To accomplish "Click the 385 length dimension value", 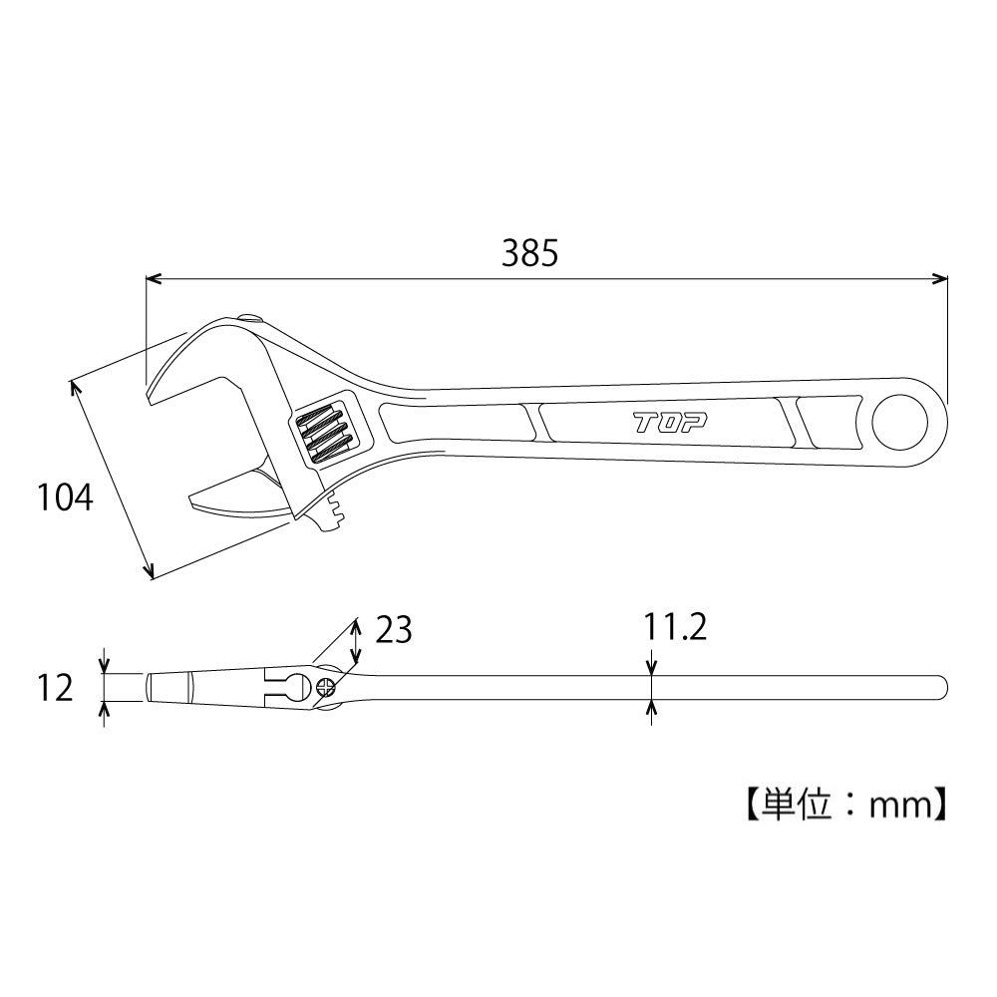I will (x=529, y=254).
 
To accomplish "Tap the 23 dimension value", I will (x=394, y=630).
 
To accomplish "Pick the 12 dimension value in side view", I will (x=57, y=687).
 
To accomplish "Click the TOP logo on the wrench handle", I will (x=670, y=423).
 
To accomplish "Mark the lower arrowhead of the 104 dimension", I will (x=150, y=572).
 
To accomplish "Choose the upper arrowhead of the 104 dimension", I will (x=73, y=384).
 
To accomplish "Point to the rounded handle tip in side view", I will (x=941, y=687).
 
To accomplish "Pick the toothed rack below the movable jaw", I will (x=333, y=513).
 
